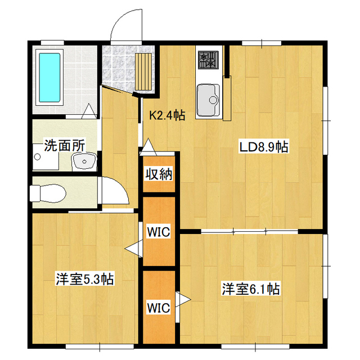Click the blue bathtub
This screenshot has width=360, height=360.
[49, 78]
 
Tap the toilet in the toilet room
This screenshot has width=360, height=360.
[48, 193]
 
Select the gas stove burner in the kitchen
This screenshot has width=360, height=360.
[208, 60]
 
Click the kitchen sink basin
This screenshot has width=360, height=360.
[208, 100]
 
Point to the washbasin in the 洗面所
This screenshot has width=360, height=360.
[84, 161]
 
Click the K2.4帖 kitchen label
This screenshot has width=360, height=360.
[167, 115]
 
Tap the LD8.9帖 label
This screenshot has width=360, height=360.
[264, 147]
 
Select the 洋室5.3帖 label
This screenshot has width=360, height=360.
[85, 279]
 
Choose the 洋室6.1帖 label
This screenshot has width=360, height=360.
[251, 289]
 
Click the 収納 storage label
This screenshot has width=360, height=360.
[159, 175]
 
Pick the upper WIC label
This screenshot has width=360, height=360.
[159, 232]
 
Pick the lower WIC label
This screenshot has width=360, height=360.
[159, 308]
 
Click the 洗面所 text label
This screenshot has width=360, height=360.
[65, 145]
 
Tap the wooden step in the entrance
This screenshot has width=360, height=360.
[143, 71]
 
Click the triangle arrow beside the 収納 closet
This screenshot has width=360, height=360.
[148, 147]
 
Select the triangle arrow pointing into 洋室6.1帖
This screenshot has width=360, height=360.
[183, 299]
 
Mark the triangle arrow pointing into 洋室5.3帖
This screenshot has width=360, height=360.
[134, 248]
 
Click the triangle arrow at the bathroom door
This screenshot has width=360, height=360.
[89, 111]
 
